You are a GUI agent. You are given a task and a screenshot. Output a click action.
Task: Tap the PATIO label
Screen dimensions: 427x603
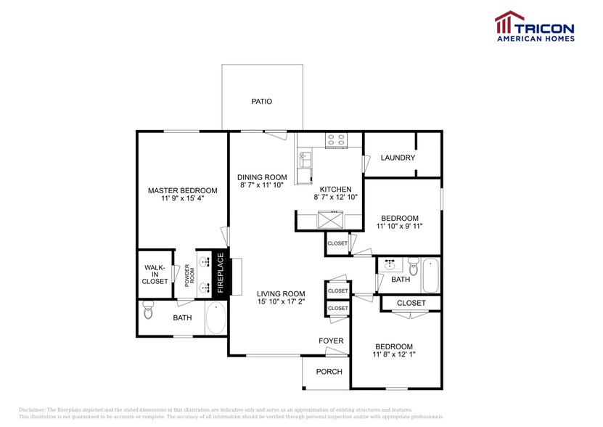[x=261, y=102]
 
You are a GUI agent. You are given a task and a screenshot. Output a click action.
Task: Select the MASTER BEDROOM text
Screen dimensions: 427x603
[x=182, y=190]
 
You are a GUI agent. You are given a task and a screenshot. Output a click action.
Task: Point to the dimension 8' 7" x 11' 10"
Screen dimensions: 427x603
[x=262, y=186]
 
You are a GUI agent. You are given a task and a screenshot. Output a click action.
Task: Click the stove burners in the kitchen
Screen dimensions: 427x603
[x=335, y=140]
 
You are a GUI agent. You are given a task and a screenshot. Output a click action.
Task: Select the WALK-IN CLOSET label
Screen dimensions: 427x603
[x=155, y=274]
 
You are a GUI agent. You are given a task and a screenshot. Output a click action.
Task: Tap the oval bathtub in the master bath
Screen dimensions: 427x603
[x=216, y=317]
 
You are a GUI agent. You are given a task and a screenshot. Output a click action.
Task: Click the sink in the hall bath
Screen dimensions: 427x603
[x=390, y=264]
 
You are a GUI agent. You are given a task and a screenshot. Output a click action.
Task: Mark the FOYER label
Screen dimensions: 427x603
[x=331, y=341]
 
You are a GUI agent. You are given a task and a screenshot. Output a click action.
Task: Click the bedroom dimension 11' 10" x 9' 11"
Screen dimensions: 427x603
[x=399, y=227]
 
